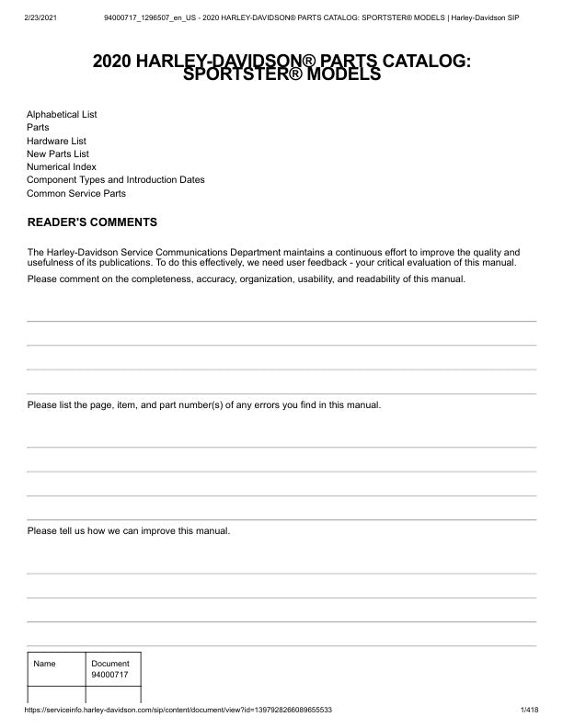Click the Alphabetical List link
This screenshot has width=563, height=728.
[62, 115]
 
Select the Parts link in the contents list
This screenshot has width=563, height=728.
[38, 128]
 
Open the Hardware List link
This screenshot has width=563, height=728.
[57, 141]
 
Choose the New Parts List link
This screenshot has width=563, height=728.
[58, 154]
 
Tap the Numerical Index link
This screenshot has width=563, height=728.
[62, 167]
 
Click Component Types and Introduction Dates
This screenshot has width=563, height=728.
[116, 180]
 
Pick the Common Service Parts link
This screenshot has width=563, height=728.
[76, 194]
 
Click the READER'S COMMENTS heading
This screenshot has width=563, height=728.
[92, 222]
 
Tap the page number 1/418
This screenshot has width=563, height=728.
[529, 711]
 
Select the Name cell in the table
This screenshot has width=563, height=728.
[45, 664]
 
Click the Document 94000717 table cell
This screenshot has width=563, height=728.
[110, 669]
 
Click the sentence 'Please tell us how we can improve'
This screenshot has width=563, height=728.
[129, 531]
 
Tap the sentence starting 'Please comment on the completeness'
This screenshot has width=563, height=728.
[247, 279]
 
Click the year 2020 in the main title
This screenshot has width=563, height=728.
[113, 62]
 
